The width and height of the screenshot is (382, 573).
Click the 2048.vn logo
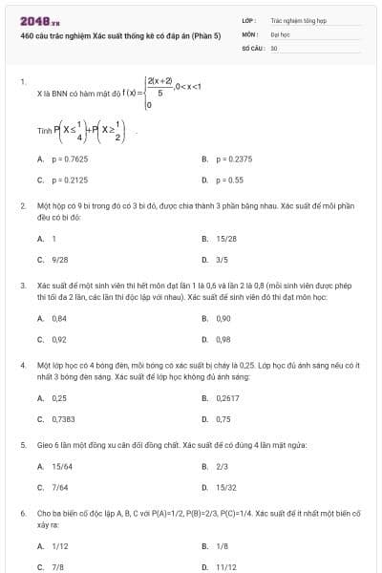pos(33,21)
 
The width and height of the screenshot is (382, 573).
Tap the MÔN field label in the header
pos(249,33)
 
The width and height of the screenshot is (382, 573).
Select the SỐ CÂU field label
pos(253,47)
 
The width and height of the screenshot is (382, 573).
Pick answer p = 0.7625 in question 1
pos(70,159)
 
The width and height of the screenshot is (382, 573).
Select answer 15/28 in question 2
pos(226,239)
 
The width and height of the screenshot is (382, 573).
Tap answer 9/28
pos(59,259)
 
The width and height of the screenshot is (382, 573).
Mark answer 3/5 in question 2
pos(222,259)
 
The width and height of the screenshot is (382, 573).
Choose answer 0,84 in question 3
pos(59,318)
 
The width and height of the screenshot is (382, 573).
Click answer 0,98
pos(223,338)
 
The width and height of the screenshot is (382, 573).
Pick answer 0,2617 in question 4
pos(227,397)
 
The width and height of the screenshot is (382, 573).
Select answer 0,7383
pos(63,417)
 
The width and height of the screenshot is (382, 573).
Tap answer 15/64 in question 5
pos(61,466)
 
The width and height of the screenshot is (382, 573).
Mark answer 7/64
pos(59,486)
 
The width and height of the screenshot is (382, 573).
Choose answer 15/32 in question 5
pos(225,486)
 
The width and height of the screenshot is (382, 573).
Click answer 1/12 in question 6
pos(59,545)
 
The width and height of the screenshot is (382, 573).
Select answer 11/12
pos(225,565)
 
